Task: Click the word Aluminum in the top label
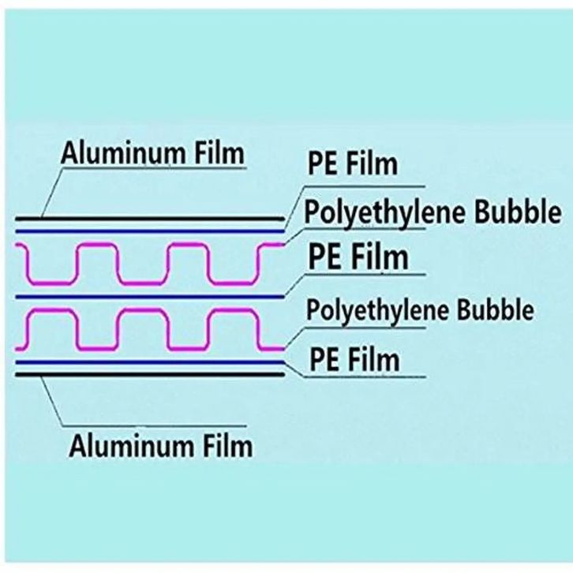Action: [123, 153]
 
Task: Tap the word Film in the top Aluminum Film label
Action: [219, 152]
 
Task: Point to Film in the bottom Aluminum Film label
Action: [227, 445]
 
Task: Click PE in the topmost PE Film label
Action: [322, 164]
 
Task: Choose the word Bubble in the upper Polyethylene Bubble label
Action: [518, 212]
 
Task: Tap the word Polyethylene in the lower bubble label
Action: [377, 311]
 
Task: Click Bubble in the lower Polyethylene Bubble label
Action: [496, 309]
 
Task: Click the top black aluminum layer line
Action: [150, 219]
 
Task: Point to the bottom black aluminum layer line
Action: [150, 374]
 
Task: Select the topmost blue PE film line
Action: [150, 231]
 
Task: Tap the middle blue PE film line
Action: [150, 297]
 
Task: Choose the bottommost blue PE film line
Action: [150, 362]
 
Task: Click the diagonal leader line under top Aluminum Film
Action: [53, 193]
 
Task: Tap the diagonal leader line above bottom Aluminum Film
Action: [52, 400]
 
